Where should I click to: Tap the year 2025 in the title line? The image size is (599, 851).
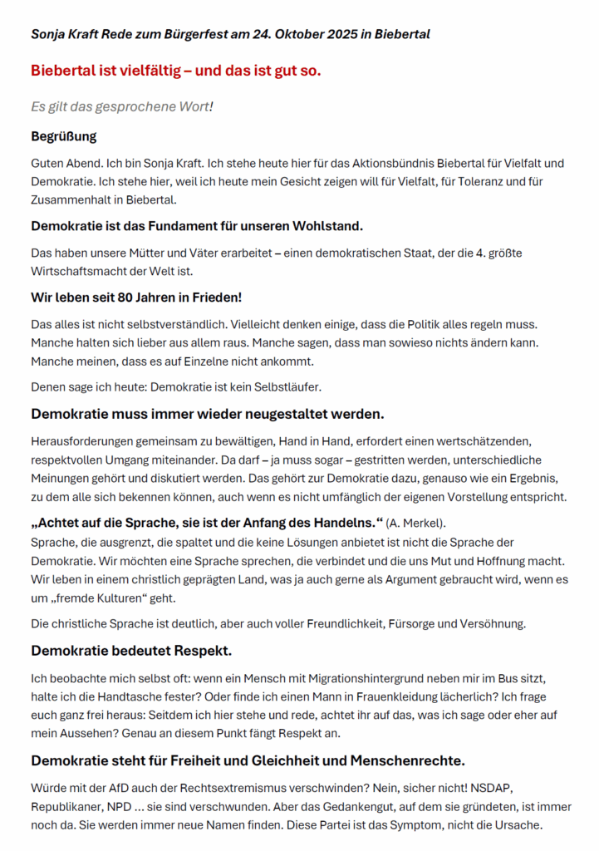click(x=340, y=34)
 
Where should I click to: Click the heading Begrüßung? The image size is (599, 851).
click(x=64, y=135)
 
